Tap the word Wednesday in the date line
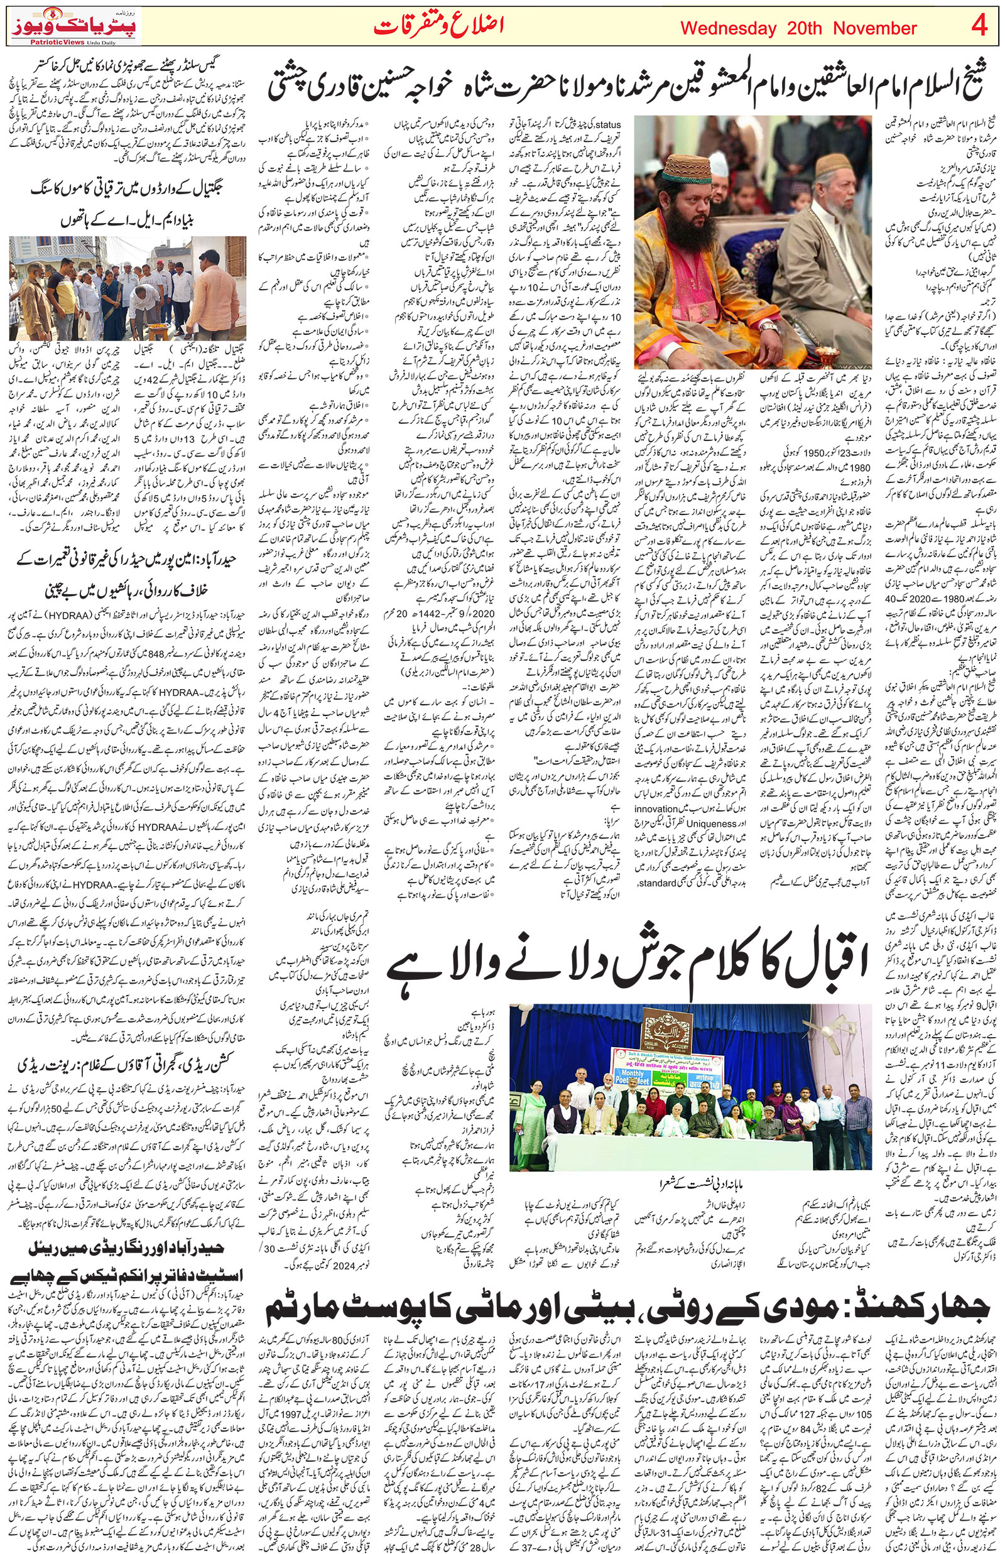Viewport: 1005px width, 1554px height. pyautogui.click(x=728, y=29)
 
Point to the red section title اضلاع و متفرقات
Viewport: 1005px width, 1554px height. pyautogui.click(x=439, y=27)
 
